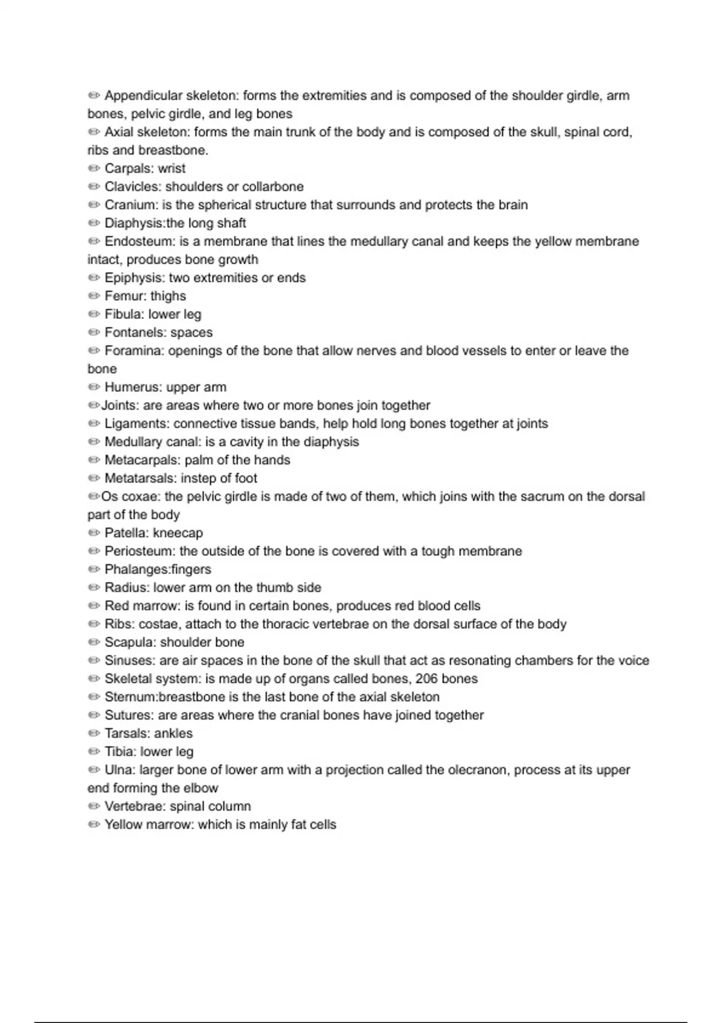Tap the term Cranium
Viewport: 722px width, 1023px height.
(131, 205)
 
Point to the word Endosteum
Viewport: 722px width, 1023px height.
(138, 241)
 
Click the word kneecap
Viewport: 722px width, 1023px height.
(178, 533)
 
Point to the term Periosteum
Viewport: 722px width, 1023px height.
(139, 551)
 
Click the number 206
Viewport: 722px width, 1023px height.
(427, 679)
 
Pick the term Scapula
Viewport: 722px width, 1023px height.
(129, 643)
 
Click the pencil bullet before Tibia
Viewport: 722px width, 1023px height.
(94, 752)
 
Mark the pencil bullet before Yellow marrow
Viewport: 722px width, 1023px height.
(94, 824)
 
